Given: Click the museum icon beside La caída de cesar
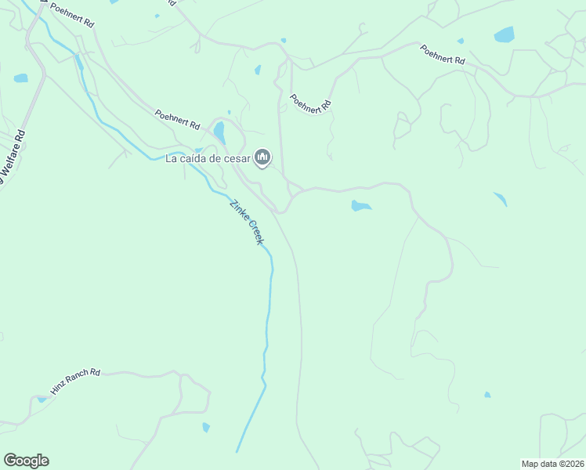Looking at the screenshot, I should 262,159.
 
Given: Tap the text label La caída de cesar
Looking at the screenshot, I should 208,159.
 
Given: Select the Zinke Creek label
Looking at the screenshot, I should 246,222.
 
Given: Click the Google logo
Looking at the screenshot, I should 26,461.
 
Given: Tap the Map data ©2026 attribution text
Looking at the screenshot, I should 552,464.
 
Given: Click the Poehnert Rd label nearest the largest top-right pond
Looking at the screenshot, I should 443,54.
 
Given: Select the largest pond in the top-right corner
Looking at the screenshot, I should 504,34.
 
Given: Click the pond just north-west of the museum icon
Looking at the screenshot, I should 220,132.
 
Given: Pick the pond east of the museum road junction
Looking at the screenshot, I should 360,206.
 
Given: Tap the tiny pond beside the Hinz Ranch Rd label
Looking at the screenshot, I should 42,399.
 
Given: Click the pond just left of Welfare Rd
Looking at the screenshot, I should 20,78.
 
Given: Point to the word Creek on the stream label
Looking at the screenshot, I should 255,232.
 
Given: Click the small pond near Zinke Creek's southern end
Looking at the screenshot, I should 206,427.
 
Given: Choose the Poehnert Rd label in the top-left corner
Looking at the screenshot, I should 72,15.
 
